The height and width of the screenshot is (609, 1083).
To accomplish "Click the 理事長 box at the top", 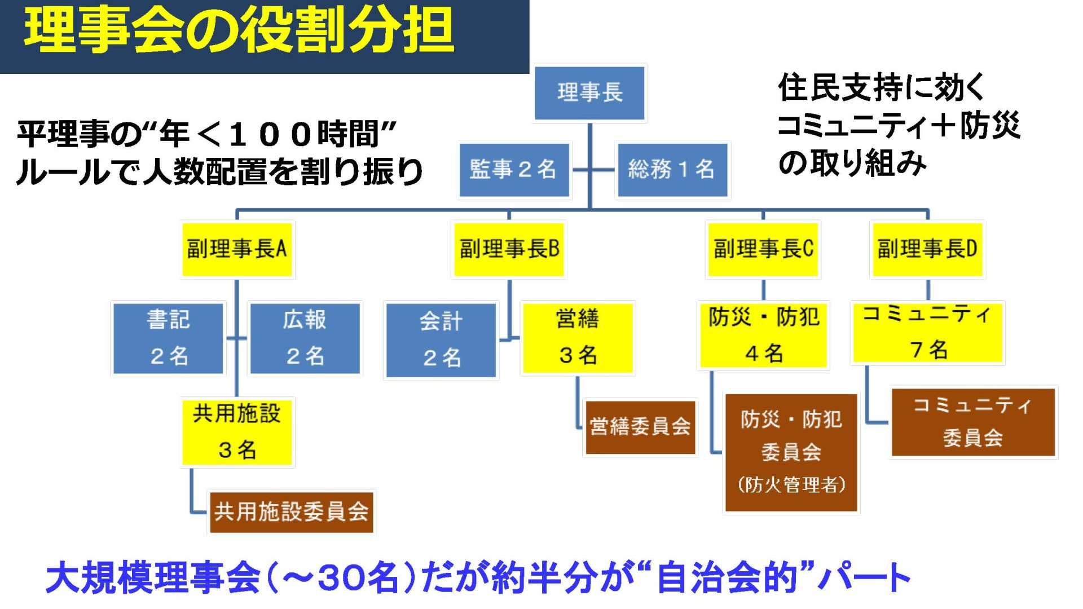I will pos(589,93).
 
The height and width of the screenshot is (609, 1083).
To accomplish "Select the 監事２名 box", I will pos(514,169).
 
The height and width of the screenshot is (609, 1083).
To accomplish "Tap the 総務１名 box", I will pos(672,169).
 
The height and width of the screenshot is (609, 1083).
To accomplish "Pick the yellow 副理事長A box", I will pos(237,249).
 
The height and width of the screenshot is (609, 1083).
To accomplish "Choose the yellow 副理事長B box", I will pos(509,249).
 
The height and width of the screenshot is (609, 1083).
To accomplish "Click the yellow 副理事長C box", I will pos(763,249).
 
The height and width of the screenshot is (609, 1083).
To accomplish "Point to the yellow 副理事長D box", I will pos(927,249).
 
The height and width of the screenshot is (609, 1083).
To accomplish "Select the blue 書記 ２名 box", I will pos(168,338).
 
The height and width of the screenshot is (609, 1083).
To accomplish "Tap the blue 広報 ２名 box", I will pos(305,338).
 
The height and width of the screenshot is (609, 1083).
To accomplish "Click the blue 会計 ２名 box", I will pos(441,340).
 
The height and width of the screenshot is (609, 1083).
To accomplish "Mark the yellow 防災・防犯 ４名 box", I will pos(763,336).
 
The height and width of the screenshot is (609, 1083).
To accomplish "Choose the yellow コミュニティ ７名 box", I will pos(927,333).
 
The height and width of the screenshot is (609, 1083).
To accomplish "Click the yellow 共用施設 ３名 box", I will pos(237,432).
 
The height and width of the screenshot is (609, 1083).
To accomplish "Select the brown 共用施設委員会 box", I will pos(291,512).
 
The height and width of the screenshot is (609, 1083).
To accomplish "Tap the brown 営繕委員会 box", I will pos(640,427).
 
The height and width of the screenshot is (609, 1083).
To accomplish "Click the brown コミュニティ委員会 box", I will pos(972,422).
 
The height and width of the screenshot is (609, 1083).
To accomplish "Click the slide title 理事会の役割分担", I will pos(239,31).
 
